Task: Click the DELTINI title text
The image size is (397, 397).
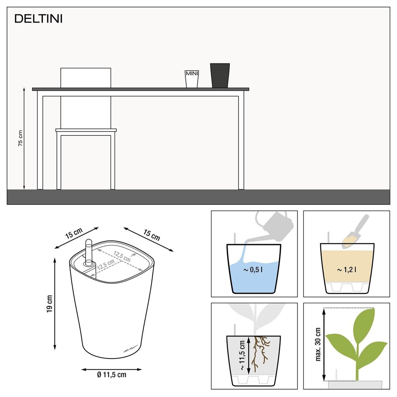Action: (39, 19)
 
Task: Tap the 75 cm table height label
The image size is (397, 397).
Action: (21, 139)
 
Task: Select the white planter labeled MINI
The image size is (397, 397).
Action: (192, 79)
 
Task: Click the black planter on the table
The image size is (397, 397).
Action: (220, 75)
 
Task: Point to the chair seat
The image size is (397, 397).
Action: (86, 130)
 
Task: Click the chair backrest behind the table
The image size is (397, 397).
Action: (85, 77)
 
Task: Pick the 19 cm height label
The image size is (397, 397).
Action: (49, 303)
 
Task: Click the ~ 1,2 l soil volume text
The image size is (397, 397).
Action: (347, 270)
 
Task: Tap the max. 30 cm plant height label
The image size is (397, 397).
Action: (317, 345)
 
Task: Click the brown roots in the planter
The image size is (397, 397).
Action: (260, 351)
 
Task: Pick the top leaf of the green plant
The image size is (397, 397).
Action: (363, 322)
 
